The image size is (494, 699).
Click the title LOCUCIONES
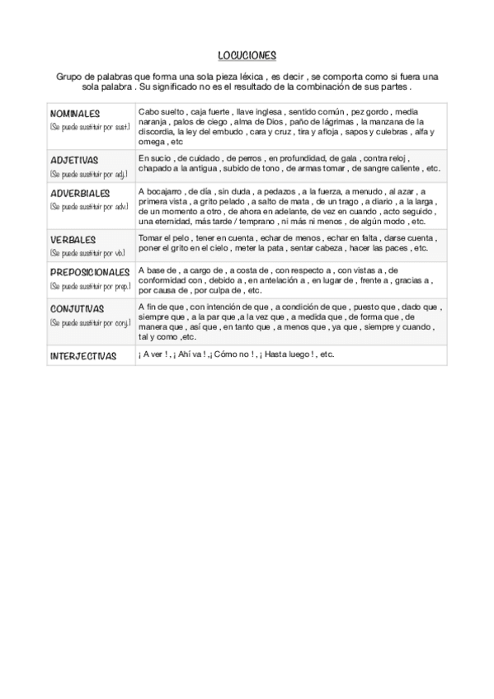coord(247,55)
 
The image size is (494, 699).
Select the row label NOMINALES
coord(75,113)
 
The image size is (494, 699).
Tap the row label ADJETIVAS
coord(74,160)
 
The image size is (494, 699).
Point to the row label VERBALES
coord(73,240)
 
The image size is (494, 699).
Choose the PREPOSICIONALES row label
coord(90,272)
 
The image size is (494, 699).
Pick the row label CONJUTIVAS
coord(77,308)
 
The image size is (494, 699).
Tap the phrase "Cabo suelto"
coord(161,110)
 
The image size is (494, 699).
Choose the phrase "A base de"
coord(157,270)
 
